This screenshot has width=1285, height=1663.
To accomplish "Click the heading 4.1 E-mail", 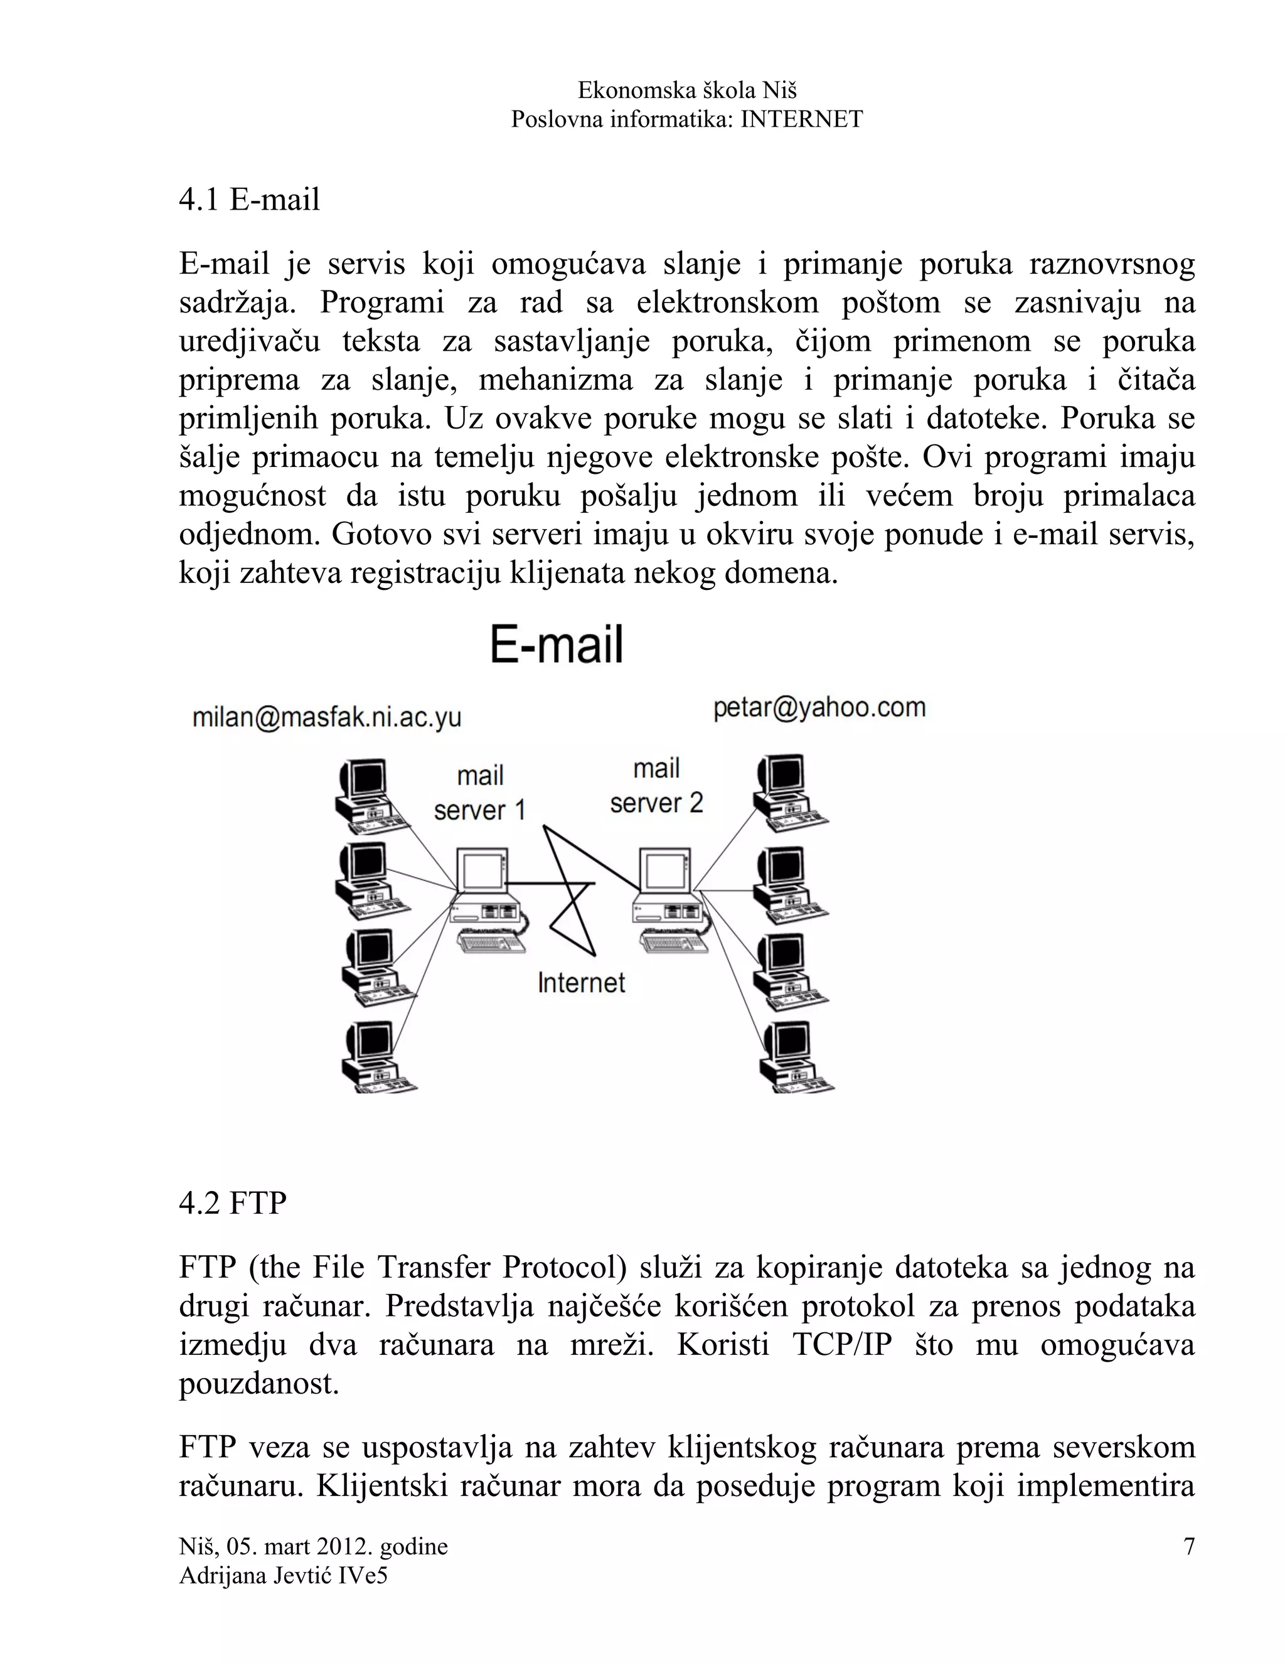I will tap(249, 200).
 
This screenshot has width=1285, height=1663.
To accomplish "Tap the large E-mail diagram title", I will tap(556, 645).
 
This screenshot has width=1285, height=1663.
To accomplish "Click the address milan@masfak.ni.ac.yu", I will tap(326, 717).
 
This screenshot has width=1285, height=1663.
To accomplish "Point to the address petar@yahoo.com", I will tap(819, 708).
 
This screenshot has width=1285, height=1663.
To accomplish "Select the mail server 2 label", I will tap(656, 786).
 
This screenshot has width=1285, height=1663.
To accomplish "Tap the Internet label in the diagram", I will tap(581, 983).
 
